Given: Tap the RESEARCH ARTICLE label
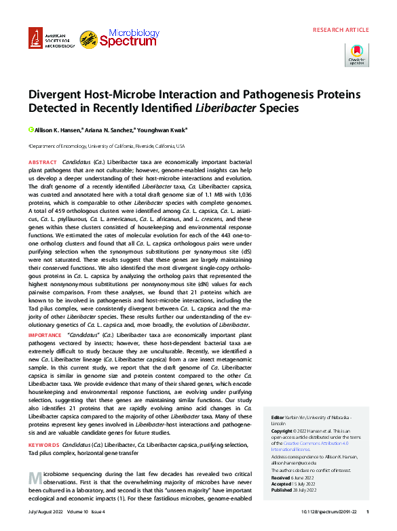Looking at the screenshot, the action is click(x=341, y=30).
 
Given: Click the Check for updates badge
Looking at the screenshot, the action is click(x=357, y=54).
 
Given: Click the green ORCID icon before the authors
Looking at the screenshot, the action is click(x=31, y=130).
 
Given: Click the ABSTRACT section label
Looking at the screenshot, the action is click(x=42, y=163).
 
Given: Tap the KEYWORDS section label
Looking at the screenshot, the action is click(x=43, y=445).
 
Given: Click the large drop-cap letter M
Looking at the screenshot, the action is click(x=37, y=477).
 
